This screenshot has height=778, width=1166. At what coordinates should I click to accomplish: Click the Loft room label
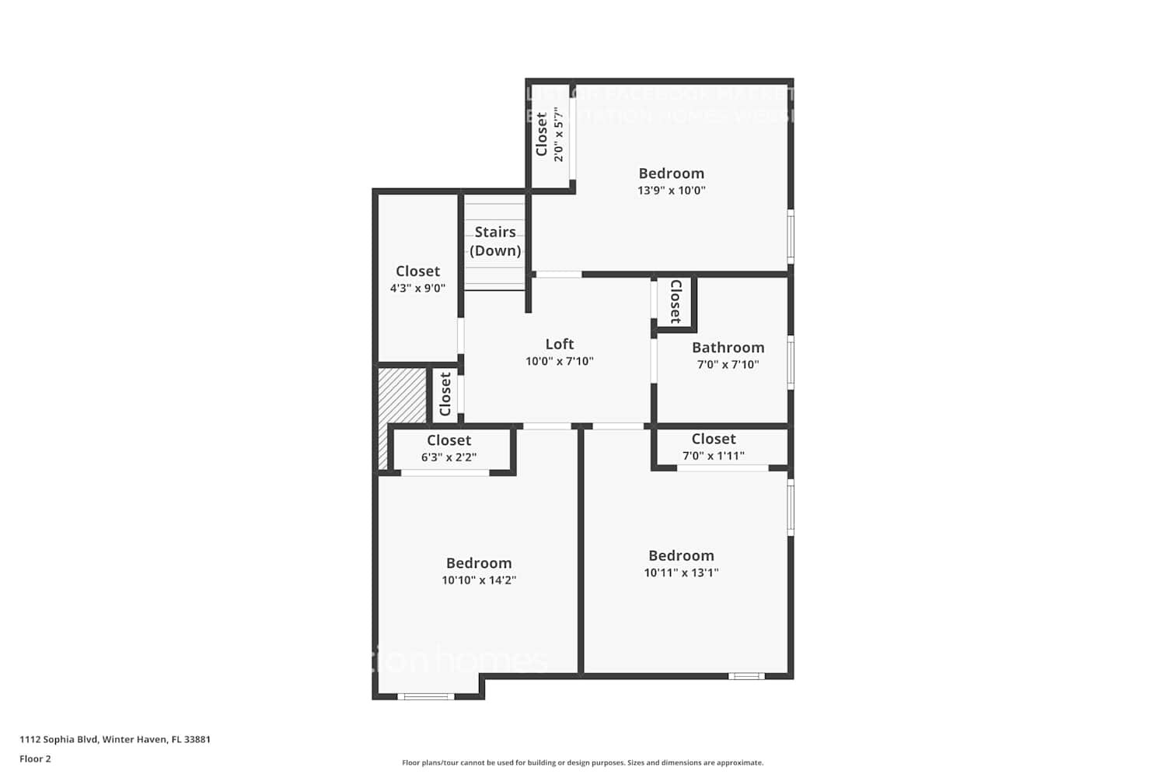(x=559, y=344)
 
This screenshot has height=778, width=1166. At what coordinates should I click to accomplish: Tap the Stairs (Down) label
(x=495, y=241)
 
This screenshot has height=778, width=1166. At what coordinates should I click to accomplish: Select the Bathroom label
(x=728, y=347)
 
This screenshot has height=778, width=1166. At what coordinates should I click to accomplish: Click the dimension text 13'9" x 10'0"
(x=671, y=191)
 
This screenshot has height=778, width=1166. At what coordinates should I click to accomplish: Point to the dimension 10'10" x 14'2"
(x=479, y=580)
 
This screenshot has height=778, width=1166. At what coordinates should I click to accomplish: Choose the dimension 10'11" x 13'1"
(x=681, y=573)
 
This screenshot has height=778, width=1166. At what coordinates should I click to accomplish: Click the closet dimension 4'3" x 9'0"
(x=417, y=288)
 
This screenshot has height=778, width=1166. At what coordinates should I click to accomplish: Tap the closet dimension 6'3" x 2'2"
(x=449, y=457)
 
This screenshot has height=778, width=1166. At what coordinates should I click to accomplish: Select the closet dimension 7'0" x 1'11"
(x=713, y=456)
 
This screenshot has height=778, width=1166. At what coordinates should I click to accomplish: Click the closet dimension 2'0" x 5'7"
(x=558, y=135)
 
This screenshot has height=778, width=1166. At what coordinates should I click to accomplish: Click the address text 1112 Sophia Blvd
(x=115, y=740)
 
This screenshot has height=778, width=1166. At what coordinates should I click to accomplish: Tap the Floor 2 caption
(x=35, y=759)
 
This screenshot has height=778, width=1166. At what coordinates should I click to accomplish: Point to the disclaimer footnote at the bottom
(x=582, y=763)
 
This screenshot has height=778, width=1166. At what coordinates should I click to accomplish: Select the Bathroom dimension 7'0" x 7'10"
(x=728, y=364)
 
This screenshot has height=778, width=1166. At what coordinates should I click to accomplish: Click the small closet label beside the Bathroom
(x=676, y=301)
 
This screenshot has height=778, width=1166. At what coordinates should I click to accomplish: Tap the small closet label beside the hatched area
(x=445, y=394)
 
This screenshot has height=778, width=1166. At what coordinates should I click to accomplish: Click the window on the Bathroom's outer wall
(x=791, y=362)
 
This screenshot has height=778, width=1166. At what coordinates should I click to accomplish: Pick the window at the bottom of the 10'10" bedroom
(x=426, y=696)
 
